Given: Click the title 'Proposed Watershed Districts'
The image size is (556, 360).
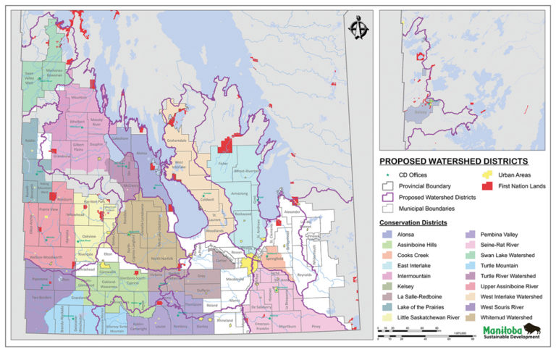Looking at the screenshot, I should point(454,161).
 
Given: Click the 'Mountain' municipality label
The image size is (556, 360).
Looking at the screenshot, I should point(78,97).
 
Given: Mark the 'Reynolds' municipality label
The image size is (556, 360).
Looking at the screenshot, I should point(306,275).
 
